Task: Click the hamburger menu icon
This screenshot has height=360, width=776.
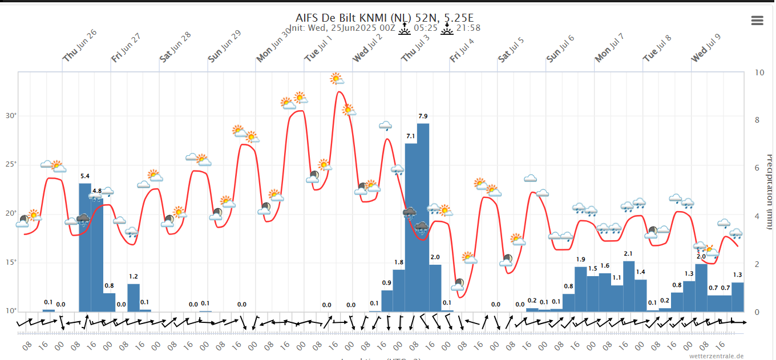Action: click(x=757, y=21)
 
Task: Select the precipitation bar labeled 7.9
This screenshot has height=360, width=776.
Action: click(x=423, y=217)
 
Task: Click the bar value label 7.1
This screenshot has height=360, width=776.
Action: click(x=411, y=136)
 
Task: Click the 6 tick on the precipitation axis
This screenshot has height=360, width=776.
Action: click(x=757, y=168)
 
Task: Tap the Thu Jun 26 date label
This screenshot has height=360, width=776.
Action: click(x=80, y=45)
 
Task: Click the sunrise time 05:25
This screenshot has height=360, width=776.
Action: click(x=426, y=28)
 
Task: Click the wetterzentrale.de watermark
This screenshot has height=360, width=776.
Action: click(x=716, y=355)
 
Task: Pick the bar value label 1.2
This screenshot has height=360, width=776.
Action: click(x=134, y=277)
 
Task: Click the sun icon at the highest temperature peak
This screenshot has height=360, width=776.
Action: click(x=337, y=79)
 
